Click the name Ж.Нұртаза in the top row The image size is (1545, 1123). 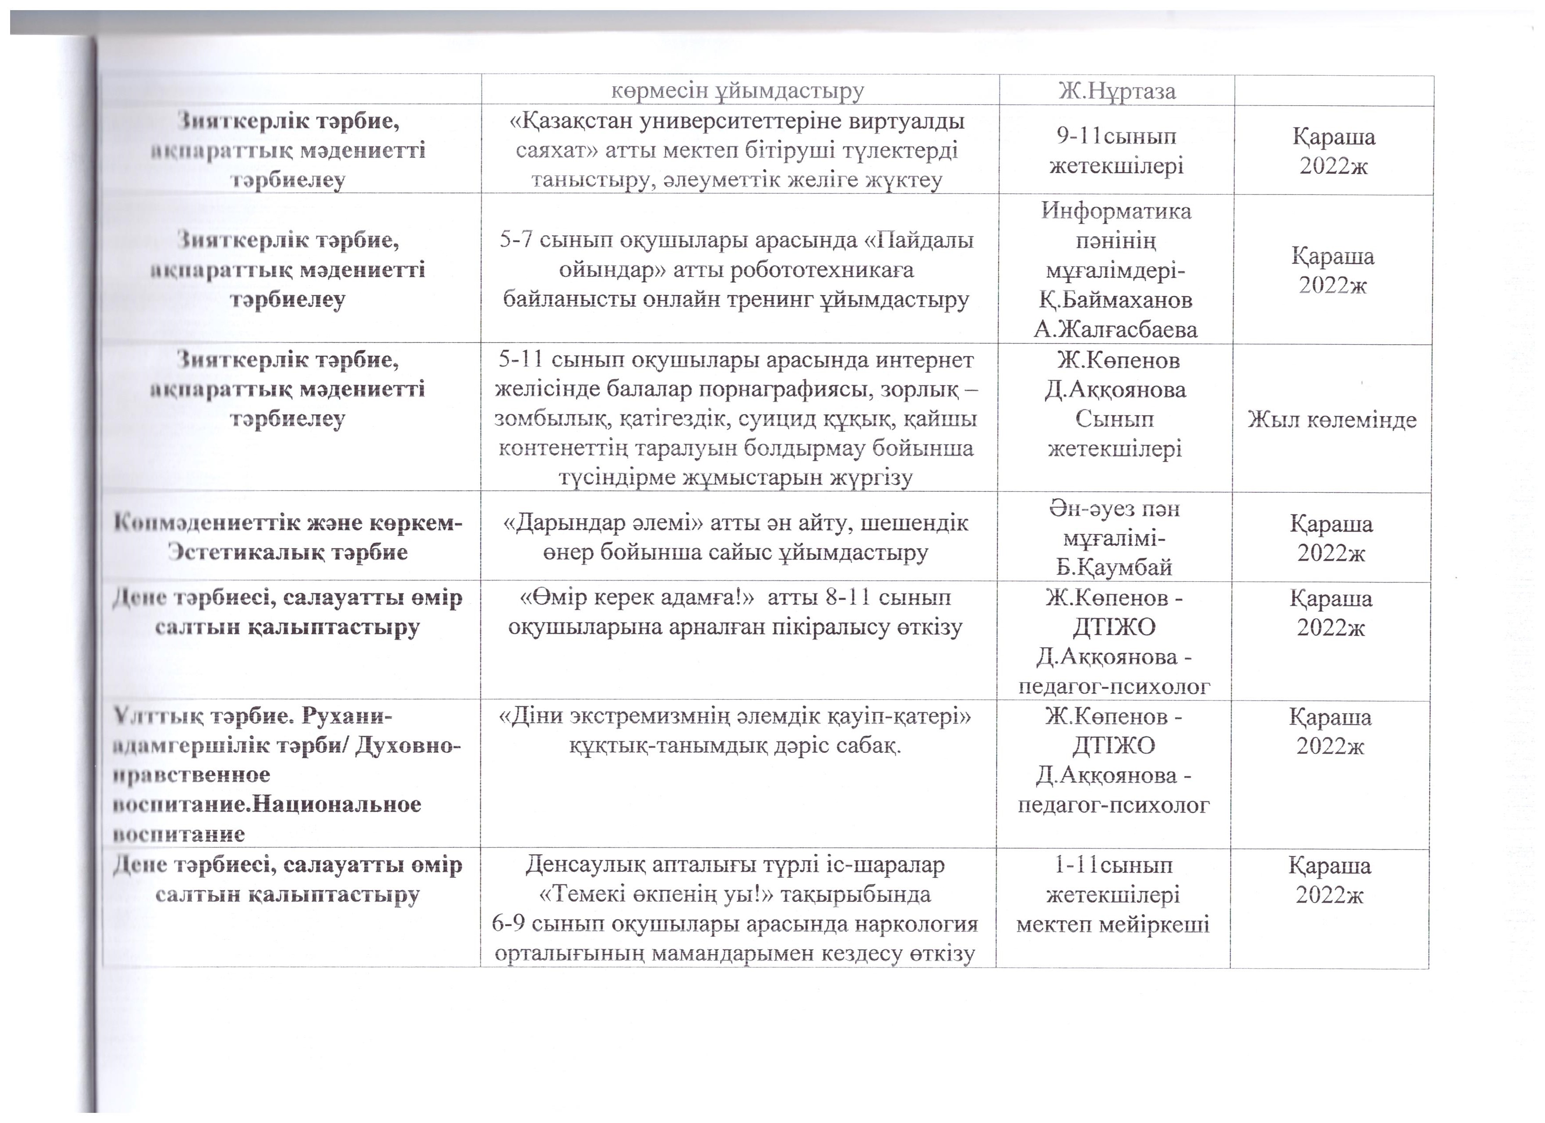pos(1117,91)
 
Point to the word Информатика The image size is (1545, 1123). pos(1116,211)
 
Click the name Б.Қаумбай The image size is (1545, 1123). pos(1115,567)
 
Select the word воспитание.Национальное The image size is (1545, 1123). pos(267,805)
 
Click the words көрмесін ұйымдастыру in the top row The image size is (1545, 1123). pos(738,91)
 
